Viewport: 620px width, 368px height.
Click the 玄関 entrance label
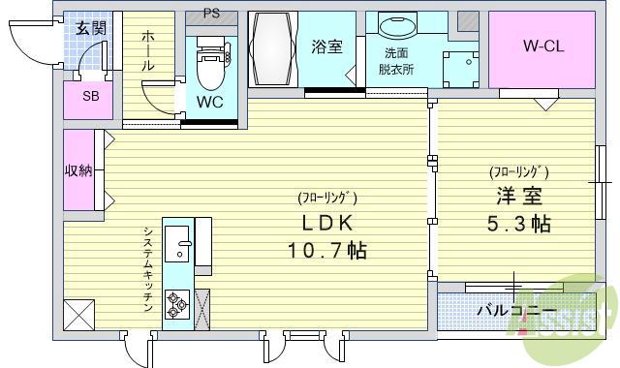[92, 28]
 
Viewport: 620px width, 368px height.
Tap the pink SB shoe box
[90, 96]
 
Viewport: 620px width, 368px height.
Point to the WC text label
[210, 101]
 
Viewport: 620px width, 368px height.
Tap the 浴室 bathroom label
[326, 46]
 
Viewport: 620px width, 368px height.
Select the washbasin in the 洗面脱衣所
[395, 28]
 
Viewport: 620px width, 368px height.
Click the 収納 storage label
[78, 170]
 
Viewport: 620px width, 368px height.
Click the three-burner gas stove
[177, 305]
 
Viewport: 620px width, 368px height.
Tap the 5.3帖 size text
[518, 225]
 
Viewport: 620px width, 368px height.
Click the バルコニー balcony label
[516, 311]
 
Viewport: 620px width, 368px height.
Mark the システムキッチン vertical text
[147, 268]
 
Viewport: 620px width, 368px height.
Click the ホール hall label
[147, 51]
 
